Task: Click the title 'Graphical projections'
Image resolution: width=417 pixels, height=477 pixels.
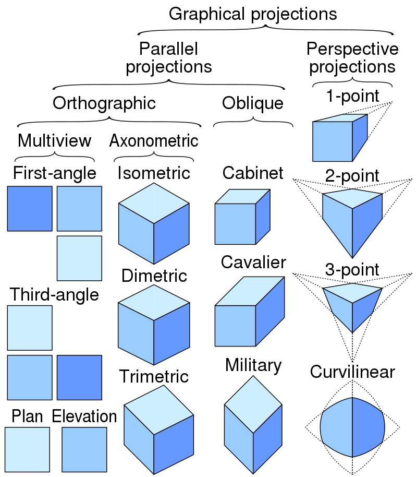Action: click(x=253, y=14)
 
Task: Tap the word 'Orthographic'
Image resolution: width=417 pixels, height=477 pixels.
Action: click(x=104, y=103)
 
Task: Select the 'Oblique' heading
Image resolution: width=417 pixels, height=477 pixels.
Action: click(x=253, y=103)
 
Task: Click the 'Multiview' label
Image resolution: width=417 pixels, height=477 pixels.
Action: click(x=54, y=140)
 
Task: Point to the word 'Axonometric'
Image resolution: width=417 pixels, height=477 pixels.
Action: click(x=154, y=140)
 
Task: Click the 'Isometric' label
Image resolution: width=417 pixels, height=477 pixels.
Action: click(x=154, y=173)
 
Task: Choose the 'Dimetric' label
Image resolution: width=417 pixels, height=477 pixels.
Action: click(x=154, y=276)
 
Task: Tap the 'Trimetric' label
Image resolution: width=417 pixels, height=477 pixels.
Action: click(x=154, y=376)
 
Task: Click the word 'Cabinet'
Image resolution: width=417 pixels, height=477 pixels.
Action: click(x=253, y=173)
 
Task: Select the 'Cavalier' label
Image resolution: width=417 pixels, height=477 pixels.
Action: click(x=253, y=262)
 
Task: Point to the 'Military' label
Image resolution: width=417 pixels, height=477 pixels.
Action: click(x=253, y=366)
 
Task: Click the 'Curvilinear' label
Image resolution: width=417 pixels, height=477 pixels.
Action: click(x=352, y=372)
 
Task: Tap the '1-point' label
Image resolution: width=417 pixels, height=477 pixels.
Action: click(x=352, y=96)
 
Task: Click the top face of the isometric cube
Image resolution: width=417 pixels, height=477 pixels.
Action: click(x=154, y=203)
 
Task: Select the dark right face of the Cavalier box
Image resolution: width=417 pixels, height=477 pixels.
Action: click(x=270, y=311)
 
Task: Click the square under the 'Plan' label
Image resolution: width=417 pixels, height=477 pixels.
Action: click(x=27, y=449)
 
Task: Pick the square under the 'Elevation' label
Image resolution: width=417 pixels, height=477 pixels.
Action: click(x=84, y=449)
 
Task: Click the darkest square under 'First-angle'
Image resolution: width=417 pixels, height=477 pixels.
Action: click(x=30, y=209)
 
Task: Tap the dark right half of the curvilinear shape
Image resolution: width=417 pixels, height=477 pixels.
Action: click(x=369, y=427)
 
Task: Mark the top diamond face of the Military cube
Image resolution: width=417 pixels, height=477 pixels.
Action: click(x=253, y=404)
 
